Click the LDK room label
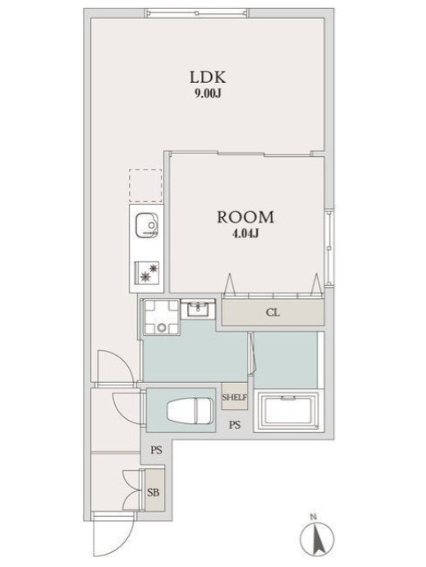tap(208, 77)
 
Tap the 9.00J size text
tap(208, 94)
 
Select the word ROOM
tap(245, 217)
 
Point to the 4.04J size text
tap(245, 234)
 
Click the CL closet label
tap(273, 312)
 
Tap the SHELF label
tap(234, 398)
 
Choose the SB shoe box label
tap(153, 492)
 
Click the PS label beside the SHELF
tap(235, 425)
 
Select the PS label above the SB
tap(156, 450)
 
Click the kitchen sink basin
tap(146, 226)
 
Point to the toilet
tap(189, 411)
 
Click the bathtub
tap(286, 411)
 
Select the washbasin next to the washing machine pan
tap(198, 309)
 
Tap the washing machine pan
tap(161, 317)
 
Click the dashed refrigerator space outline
tap(145, 185)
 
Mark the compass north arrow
tap(317, 537)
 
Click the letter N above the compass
tap(314, 516)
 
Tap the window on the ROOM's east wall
tap(329, 248)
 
